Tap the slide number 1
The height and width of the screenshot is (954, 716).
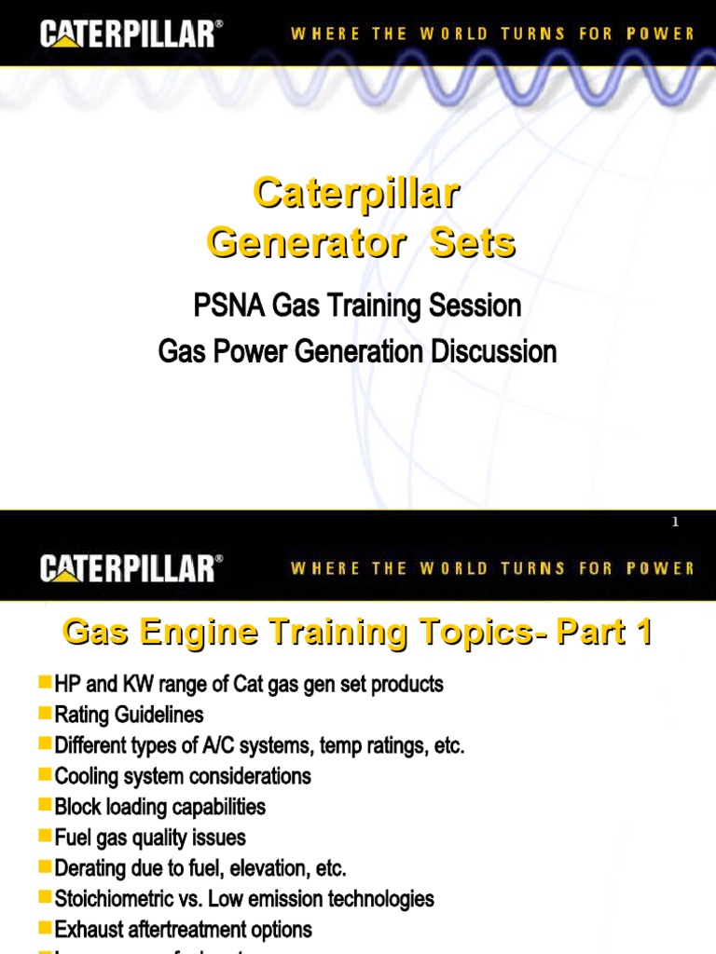(676, 523)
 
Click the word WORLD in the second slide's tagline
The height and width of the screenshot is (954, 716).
(453, 567)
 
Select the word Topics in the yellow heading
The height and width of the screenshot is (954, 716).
(472, 634)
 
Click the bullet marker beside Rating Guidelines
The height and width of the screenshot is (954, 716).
(45, 714)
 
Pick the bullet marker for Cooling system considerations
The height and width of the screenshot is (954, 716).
(45, 774)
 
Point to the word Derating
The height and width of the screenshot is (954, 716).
(89, 868)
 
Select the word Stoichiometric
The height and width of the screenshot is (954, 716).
(115, 899)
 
